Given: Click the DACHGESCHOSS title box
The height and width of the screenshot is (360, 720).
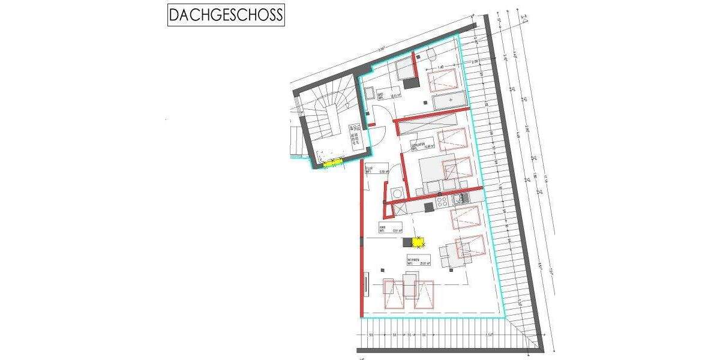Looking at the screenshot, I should [x=226, y=14].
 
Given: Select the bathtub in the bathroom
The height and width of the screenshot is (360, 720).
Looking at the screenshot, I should [x=449, y=101].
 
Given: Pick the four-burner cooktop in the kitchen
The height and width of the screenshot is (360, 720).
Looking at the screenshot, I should [x=444, y=200].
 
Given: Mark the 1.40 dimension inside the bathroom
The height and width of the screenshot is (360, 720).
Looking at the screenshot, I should [x=440, y=67].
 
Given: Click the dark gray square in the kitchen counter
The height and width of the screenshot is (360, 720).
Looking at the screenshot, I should [x=428, y=207].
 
